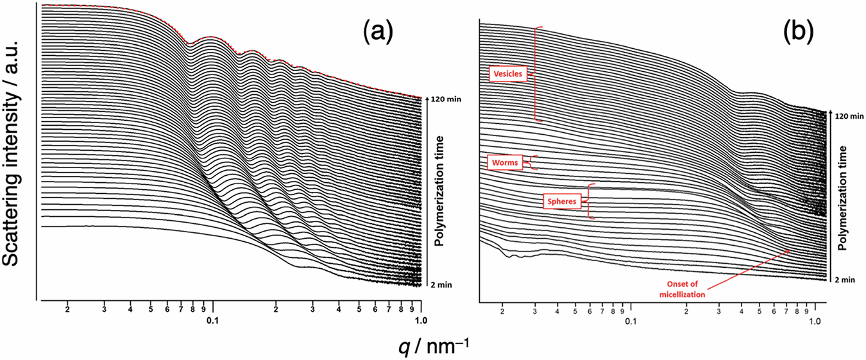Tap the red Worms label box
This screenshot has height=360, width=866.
pyautogui.click(x=505, y=162)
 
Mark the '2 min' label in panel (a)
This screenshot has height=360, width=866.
pyautogui.click(x=442, y=284)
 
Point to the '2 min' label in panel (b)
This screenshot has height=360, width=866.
pyautogui.click(x=847, y=280)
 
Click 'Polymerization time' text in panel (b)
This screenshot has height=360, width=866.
pyautogui.click(x=845, y=198)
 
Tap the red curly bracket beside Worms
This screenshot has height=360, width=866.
pyautogui.click(x=531, y=162)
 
